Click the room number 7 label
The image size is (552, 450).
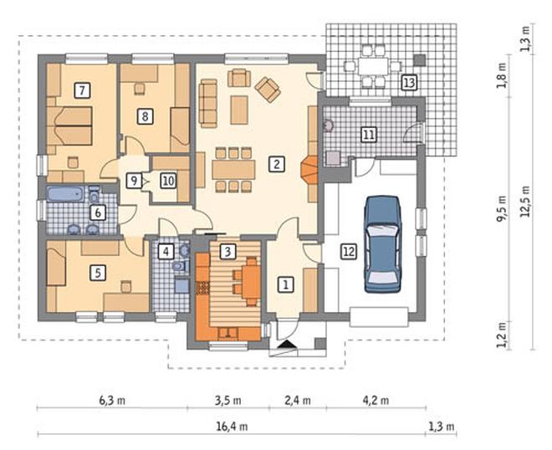tap(82, 90)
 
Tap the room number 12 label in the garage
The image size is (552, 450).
tap(349, 252)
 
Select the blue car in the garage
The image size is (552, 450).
tap(382, 244)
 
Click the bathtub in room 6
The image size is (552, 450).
tap(65, 194)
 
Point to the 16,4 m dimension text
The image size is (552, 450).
tap(232, 427)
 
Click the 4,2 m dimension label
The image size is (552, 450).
tap(376, 401)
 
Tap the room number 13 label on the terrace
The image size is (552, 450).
tap(409, 83)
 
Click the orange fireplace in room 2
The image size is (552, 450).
tap(309, 170)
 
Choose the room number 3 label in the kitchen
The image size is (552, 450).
tap(227, 252)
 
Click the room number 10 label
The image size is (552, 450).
tap(168, 181)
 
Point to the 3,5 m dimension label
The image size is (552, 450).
tap(228, 401)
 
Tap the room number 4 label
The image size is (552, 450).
tap(166, 252)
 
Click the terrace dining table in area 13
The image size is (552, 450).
tap(373, 66)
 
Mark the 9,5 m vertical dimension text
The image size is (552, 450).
tap(501, 209)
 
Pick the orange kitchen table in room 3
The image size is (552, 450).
tap(252, 281)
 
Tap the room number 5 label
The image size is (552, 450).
tap(98, 273)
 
